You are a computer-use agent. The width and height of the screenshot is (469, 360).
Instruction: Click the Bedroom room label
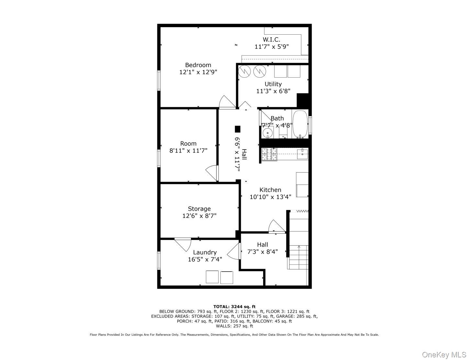point(198,65)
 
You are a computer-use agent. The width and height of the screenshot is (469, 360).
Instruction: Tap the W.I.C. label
point(271,39)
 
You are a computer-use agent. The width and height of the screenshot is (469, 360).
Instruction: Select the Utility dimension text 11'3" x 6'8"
point(273,91)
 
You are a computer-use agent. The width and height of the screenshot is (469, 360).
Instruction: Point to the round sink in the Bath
point(267,133)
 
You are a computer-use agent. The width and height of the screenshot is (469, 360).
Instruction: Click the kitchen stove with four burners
point(269,155)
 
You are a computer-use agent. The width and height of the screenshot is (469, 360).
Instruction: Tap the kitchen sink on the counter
point(303,154)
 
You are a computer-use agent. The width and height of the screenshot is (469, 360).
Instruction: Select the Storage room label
point(199,209)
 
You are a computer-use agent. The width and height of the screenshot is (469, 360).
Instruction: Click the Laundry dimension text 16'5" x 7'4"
point(205,259)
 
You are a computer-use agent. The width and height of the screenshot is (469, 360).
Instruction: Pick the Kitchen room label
point(270,190)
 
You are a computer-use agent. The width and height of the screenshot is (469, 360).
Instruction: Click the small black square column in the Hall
point(238,129)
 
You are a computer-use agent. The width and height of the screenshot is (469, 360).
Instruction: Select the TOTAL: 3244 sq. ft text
point(234,307)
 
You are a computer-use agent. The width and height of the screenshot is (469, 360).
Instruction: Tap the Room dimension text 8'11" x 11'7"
point(188,151)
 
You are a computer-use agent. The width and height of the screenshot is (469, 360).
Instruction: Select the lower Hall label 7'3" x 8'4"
point(262,252)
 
